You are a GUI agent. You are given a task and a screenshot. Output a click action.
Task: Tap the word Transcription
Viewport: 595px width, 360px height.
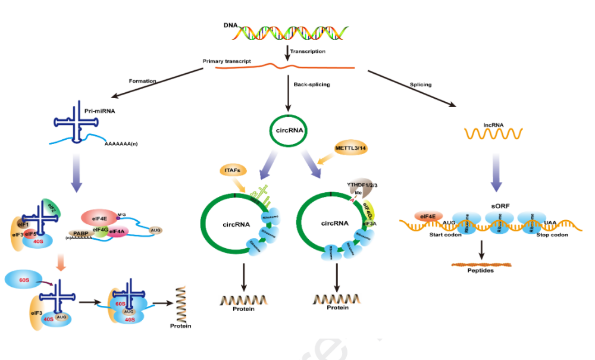(308, 51)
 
